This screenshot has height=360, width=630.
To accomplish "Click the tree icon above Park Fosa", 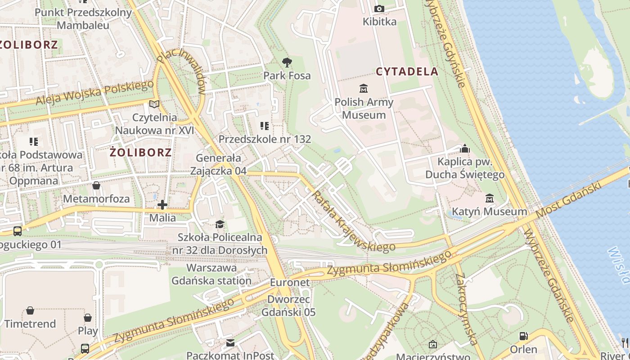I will coord(287,63).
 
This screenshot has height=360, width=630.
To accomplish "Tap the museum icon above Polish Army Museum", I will coord(363,88).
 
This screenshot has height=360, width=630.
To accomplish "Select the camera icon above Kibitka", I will coord(379,9).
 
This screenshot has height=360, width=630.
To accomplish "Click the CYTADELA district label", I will coord(407,72).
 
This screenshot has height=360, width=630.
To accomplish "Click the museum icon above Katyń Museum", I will coord(489,198).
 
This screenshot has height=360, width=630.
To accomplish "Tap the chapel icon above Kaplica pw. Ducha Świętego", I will coord(465,148).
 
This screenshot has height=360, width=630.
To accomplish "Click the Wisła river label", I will coord(620,265).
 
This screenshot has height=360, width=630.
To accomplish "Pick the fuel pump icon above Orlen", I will coord(523,336).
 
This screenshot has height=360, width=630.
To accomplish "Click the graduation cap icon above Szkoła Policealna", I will coord(219,224).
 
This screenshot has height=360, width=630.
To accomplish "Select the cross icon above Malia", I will coord(162,205).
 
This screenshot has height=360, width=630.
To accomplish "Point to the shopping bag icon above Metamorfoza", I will coord(96,185).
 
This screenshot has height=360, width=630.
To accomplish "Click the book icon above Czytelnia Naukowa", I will coord(154,104).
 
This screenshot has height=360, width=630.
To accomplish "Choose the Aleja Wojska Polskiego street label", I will coord(95,93).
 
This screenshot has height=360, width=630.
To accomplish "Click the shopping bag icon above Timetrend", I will coord(30,310).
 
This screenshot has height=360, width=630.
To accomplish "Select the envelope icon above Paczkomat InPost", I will coord(230,343).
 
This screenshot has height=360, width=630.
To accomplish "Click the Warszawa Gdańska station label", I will coord(211,274).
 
